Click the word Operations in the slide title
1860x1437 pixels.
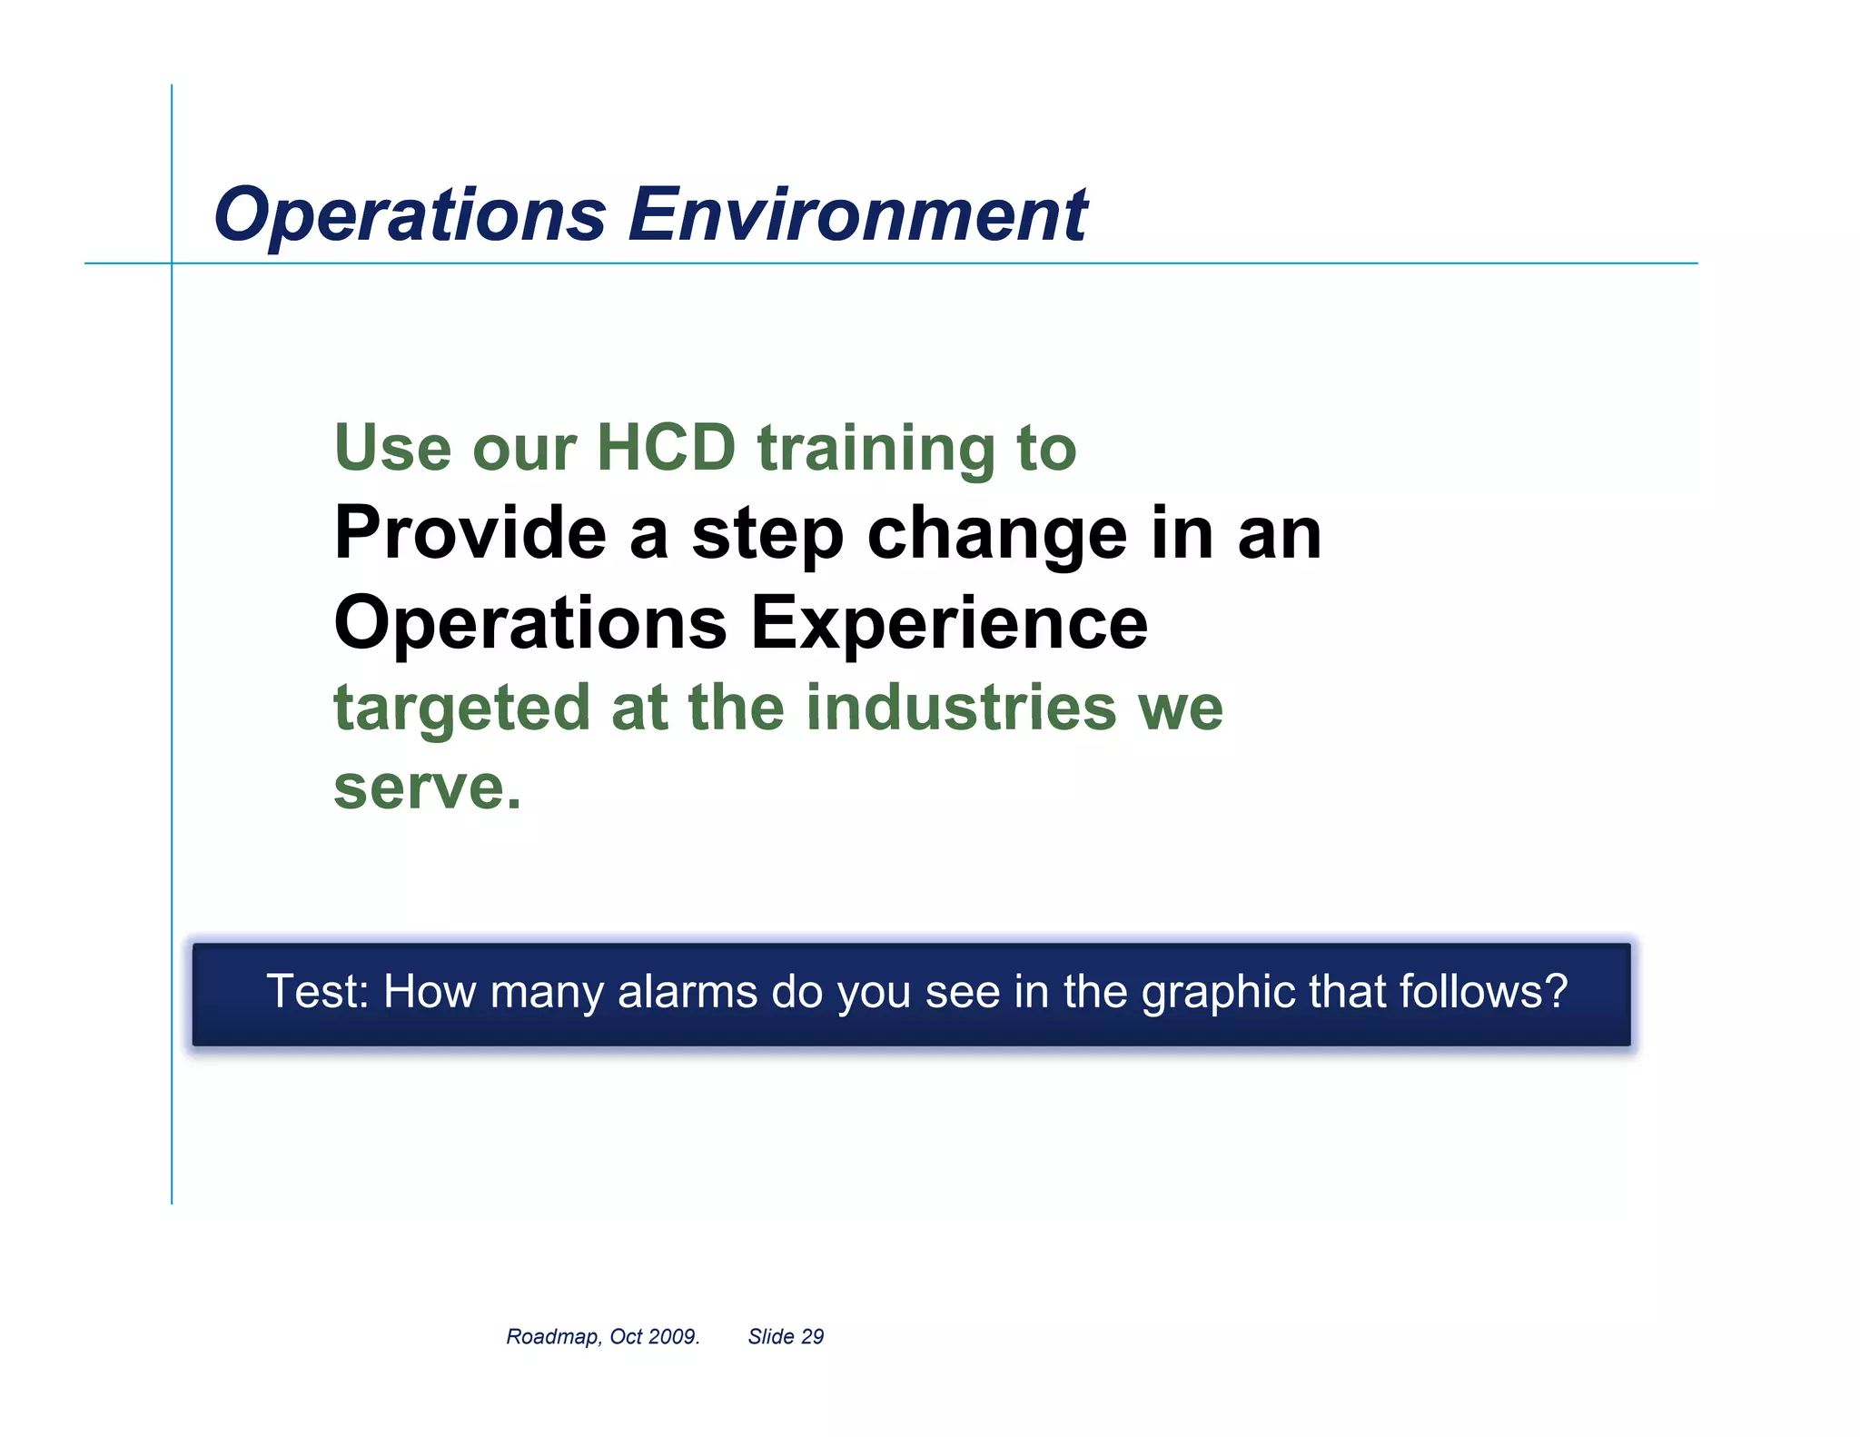tap(410, 215)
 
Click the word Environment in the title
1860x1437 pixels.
tap(857, 215)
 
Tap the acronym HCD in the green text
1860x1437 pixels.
tap(665, 448)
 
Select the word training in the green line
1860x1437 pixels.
tap(876, 450)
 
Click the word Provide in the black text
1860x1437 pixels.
tap(470, 533)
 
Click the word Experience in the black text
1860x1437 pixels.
tap(949, 624)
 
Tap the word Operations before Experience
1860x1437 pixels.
tap(530, 624)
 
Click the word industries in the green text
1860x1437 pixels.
tap(961, 708)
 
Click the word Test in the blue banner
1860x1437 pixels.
tap(312, 991)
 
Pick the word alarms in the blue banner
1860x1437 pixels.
tap(688, 991)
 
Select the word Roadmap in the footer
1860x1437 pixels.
tap(552, 1337)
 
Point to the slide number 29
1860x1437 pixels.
tap(812, 1337)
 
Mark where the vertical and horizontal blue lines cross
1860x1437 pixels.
tap(172, 263)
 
